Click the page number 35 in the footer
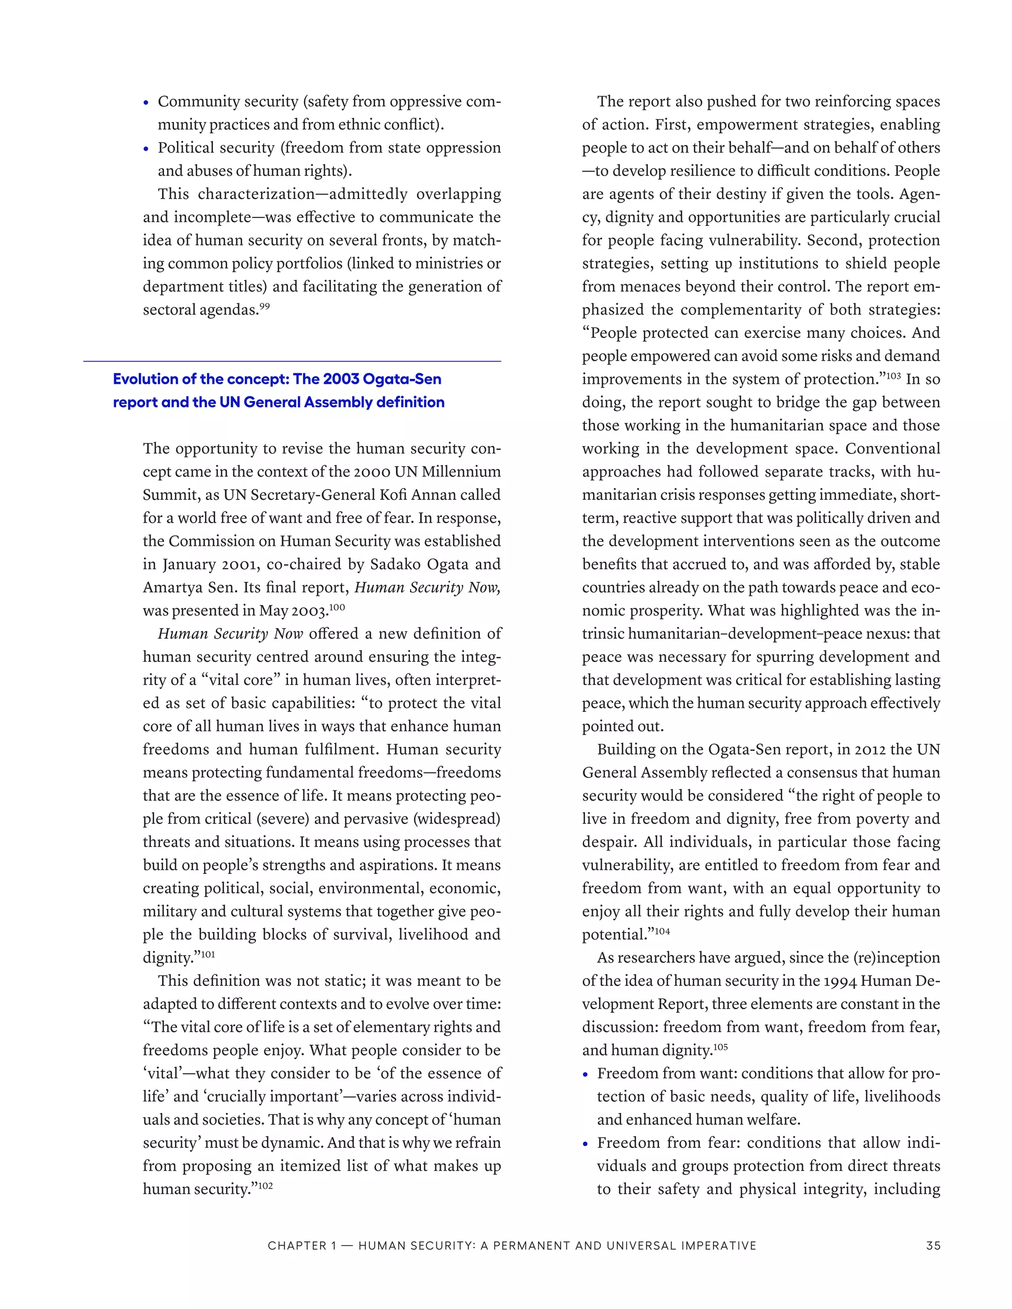point(933,1245)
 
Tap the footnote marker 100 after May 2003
point(337,607)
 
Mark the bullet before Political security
point(146,149)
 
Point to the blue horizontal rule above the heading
point(292,362)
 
